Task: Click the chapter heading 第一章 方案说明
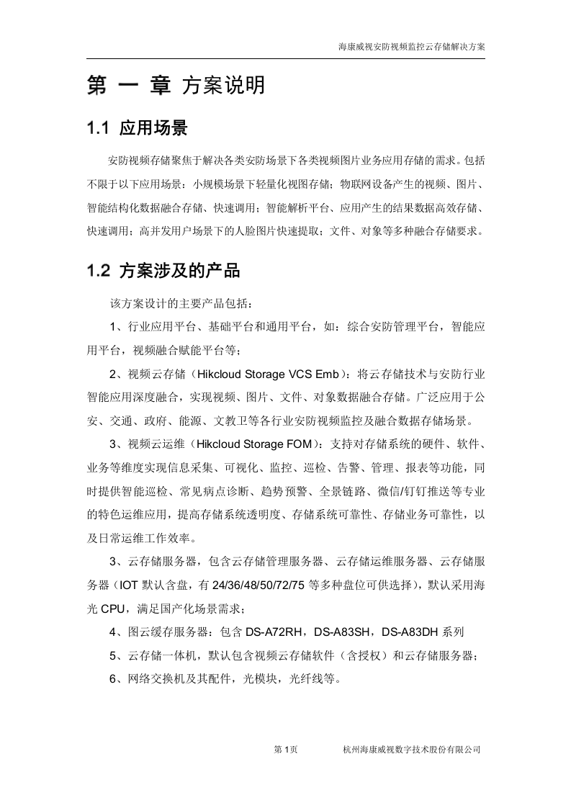pyautogui.click(x=176, y=86)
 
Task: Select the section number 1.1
pyautogui.click(x=97, y=129)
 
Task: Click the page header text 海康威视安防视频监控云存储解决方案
pyautogui.click(x=412, y=46)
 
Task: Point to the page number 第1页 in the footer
pyautogui.click(x=286, y=750)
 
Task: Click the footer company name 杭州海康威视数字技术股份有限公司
pyautogui.click(x=412, y=750)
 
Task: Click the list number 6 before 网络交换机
pyautogui.click(x=114, y=678)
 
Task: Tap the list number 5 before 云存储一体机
pyautogui.click(x=114, y=655)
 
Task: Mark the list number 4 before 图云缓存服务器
pyautogui.click(x=114, y=632)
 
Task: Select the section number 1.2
pyautogui.click(x=97, y=271)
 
